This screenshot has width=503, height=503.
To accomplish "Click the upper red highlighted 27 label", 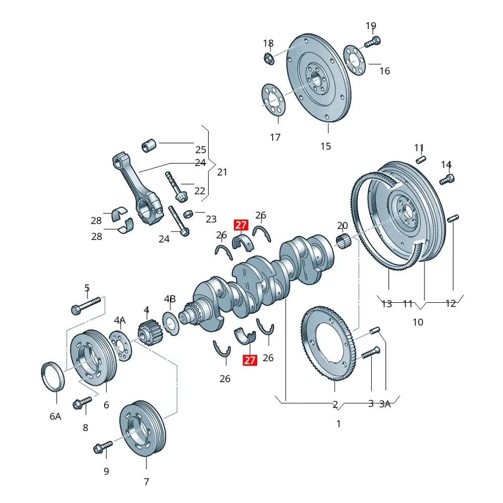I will (x=241, y=225).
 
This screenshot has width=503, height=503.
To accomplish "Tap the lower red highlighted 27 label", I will (x=250, y=360).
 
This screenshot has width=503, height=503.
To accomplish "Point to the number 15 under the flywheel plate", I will (x=326, y=146).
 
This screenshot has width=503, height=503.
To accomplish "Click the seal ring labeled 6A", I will (x=52, y=376).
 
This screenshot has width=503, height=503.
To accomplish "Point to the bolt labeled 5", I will (x=87, y=305).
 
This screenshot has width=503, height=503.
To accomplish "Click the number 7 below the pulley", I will (x=146, y=482).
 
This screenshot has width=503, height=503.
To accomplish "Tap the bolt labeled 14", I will (x=447, y=179).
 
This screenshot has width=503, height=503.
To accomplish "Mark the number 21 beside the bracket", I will (x=222, y=172).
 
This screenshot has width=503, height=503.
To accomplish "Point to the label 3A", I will (x=385, y=403).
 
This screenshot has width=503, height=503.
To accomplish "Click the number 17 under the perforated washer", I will (x=275, y=137).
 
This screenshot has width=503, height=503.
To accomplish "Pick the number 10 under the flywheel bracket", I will (x=418, y=322).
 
